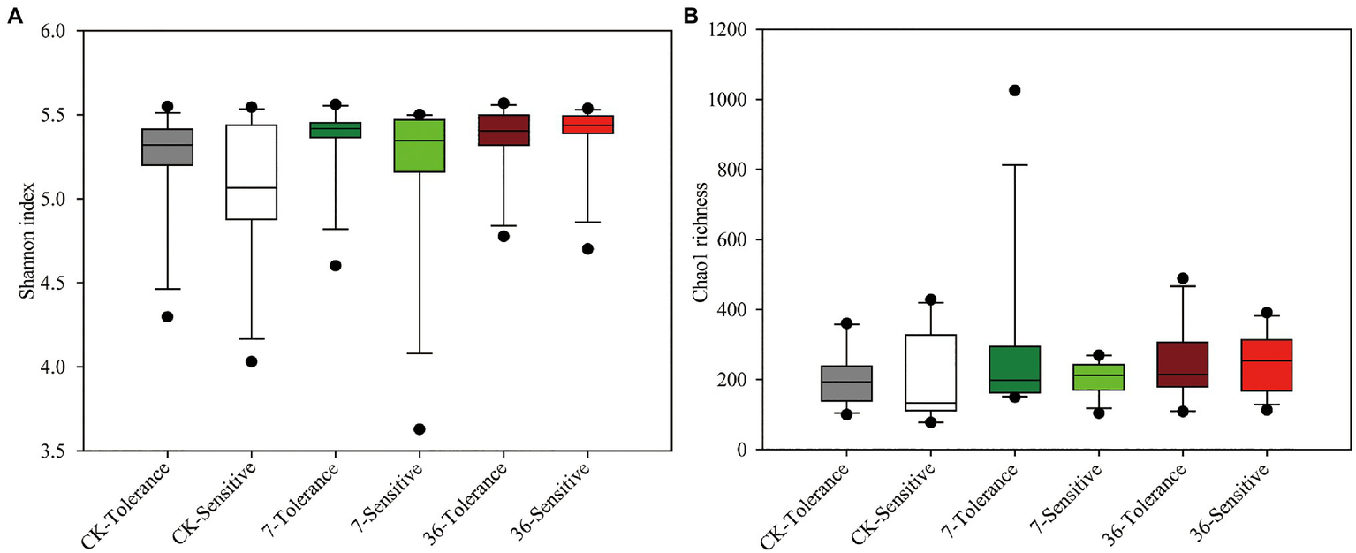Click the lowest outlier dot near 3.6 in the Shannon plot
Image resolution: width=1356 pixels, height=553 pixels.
[420, 429]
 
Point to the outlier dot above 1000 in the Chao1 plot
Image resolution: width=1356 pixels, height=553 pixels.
[1015, 90]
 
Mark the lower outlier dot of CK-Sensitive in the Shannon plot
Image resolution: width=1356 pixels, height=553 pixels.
[252, 361]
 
